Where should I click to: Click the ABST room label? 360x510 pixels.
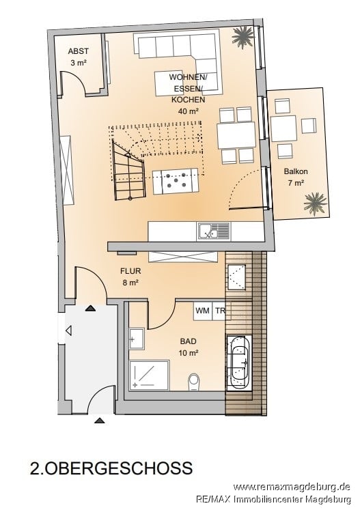[x=78, y=51]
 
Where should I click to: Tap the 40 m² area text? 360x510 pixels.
[x=189, y=111]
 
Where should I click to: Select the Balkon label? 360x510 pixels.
[x=296, y=171]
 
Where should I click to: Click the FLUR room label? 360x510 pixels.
[x=130, y=270]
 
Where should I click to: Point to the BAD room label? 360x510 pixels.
[x=189, y=341]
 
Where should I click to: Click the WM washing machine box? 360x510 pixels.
[x=202, y=311]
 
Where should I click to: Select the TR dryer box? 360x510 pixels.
[x=219, y=311]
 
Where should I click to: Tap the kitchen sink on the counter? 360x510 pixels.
[x=213, y=231]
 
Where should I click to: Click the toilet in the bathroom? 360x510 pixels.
[x=193, y=381]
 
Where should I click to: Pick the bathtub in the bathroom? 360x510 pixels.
[x=239, y=361]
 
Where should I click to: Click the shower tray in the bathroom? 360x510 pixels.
[x=150, y=375]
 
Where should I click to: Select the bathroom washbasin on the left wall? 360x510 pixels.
[x=137, y=339]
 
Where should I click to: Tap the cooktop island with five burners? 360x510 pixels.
[x=176, y=181]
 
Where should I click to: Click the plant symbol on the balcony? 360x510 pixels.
[x=315, y=203]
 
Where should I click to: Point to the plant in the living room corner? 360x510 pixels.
[x=243, y=37]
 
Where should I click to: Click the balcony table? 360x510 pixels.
[x=283, y=128]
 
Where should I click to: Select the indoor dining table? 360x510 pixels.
[x=236, y=135]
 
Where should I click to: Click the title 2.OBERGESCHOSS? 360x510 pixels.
[x=111, y=468]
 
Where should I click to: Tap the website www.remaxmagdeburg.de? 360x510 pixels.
[x=292, y=487]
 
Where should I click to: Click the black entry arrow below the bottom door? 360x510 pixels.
[x=100, y=421]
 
